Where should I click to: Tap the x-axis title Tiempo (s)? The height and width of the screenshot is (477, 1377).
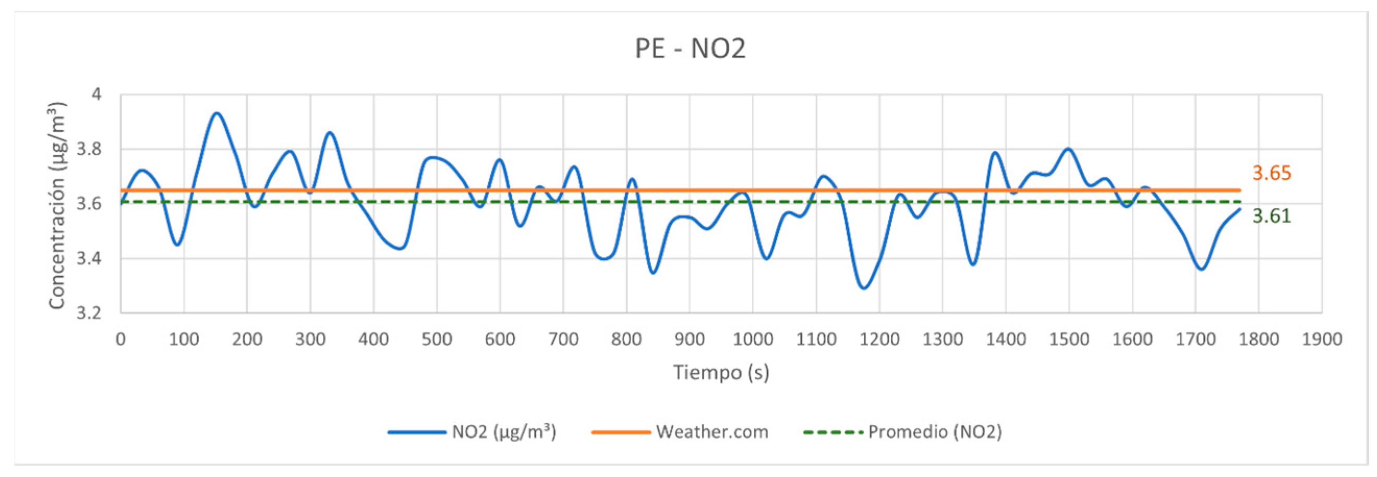pos(720,372)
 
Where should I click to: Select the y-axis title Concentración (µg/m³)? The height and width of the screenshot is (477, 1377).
pos(57,204)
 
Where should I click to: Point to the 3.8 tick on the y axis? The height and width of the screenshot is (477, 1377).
pos(89,149)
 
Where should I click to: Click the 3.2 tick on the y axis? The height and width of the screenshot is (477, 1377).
pos(89,312)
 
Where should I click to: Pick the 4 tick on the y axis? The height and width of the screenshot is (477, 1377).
pos(96,94)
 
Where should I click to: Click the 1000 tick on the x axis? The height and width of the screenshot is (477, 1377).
pos(753,339)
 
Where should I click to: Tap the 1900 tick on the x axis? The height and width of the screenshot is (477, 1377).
pos(1321,339)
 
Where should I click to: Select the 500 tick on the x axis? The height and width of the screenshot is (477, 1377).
pos(437,339)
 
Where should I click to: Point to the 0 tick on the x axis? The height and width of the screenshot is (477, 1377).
pos(121,339)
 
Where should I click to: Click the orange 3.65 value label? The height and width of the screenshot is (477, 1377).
pos(1272,173)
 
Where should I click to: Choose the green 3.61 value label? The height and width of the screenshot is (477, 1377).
pos(1272,216)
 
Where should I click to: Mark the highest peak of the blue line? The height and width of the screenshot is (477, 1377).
pos(216,113)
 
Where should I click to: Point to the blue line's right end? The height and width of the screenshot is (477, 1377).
pos(1240,209)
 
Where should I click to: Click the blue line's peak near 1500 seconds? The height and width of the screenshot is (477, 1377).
pos(1069,149)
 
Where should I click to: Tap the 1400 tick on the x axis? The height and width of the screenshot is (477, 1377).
pos(1006,339)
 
